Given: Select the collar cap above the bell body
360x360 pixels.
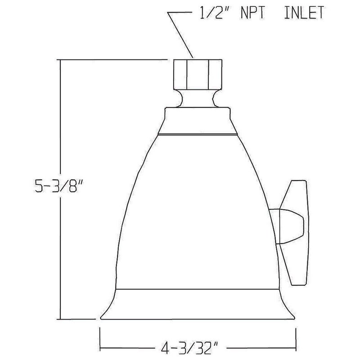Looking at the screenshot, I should pos(198,121).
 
